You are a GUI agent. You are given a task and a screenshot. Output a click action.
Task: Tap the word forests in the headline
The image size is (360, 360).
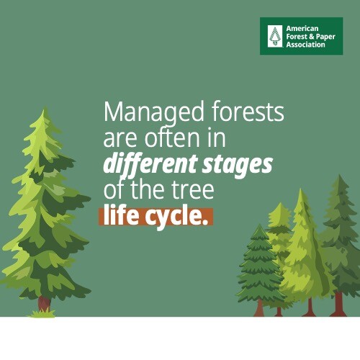point(248,111)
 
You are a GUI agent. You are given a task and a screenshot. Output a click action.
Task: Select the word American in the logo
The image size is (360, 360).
point(302,29)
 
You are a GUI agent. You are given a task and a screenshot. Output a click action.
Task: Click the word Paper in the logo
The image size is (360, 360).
point(325,37)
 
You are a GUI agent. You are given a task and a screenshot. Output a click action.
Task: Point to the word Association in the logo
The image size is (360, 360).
point(305,45)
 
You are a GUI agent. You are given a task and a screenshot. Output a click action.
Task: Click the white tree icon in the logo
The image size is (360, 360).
point(275,36)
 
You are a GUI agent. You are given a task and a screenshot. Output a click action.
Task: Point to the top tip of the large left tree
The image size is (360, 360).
point(44,109)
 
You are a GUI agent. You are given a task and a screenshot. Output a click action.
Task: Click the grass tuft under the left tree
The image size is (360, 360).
point(42,313)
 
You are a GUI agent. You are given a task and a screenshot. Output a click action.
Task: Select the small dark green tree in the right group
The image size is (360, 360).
point(260,266)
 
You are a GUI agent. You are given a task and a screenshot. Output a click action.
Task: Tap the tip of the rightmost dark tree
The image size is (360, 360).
point(339,175)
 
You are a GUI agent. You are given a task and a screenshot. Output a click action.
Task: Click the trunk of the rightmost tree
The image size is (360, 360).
point(338,304)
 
